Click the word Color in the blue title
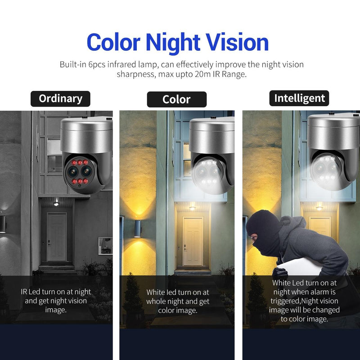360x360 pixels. (114, 42)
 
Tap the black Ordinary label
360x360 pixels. (60, 99)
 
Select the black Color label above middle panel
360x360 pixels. (176, 99)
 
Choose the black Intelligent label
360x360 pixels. (299, 98)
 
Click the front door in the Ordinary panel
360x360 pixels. (57, 236)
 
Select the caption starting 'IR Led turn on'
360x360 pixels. (56, 300)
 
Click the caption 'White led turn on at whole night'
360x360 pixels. (177, 301)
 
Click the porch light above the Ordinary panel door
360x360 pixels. (56, 203)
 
